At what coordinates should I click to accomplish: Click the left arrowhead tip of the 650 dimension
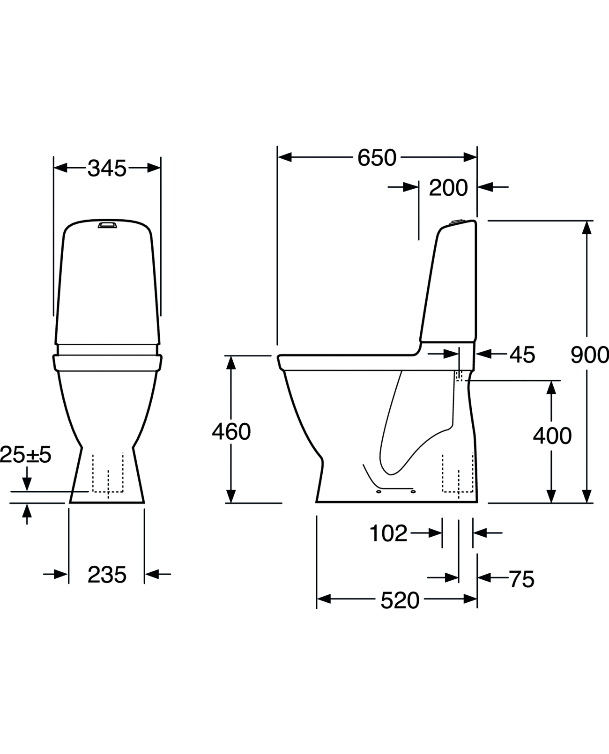coord(278,157)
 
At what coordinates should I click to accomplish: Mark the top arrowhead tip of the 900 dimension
coord(587,221)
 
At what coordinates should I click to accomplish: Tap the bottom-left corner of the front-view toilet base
coord(69,503)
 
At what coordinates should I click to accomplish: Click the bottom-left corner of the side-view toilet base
coord(316,503)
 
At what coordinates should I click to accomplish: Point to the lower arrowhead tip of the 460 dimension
coord(230,503)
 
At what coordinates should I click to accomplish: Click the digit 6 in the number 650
coord(364,157)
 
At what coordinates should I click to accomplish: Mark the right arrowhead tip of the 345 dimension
coord(160,168)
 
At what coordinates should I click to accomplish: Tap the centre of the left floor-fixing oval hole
coord(379,492)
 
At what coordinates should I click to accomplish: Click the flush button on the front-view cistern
coord(107,225)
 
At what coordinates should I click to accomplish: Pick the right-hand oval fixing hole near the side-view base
coord(413,491)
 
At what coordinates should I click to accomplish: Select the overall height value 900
coord(589,355)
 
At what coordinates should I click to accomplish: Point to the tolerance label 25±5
coord(25,455)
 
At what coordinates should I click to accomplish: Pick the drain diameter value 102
coord(388,533)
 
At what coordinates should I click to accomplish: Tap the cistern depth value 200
coord(448,188)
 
